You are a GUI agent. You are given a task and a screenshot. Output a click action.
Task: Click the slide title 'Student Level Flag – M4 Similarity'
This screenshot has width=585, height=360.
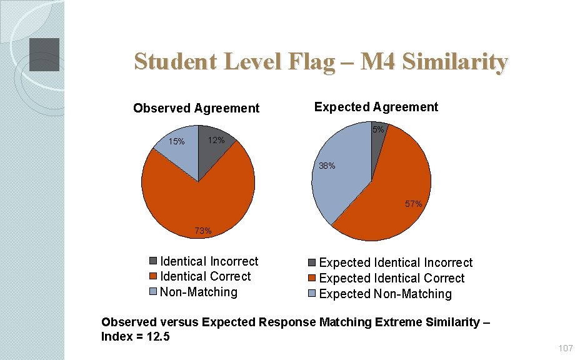pyautogui.click(x=321, y=62)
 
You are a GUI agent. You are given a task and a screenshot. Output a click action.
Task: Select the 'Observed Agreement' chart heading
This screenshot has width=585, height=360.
pyautogui.click(x=196, y=108)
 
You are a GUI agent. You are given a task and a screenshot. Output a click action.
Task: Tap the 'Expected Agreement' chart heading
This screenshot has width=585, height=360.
pyautogui.click(x=376, y=107)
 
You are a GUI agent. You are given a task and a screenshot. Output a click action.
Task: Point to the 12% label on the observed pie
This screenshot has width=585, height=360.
pyautogui.click(x=216, y=141)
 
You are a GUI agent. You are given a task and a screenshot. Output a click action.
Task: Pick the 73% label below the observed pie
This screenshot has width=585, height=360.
pyautogui.click(x=203, y=231)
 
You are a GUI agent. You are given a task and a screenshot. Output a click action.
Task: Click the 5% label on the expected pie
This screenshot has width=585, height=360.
pyautogui.click(x=378, y=130)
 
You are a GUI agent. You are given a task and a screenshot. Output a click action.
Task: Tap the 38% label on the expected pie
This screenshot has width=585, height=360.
pyautogui.click(x=327, y=166)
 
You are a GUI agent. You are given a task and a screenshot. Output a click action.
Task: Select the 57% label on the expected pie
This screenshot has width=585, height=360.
pyautogui.click(x=413, y=204)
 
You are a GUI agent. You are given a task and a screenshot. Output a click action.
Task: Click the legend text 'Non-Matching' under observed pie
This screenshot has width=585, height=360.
pyautogui.click(x=199, y=292)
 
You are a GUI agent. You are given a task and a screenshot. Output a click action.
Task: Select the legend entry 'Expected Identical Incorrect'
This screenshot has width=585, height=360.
pyautogui.click(x=396, y=263)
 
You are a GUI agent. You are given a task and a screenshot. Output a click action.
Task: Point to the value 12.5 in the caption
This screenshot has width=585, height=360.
pyautogui.click(x=160, y=337)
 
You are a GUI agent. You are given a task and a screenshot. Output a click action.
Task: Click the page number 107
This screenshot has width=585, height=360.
pyautogui.click(x=566, y=347)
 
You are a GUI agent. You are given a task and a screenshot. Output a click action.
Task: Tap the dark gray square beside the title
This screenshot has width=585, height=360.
pyautogui.click(x=44, y=54)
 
